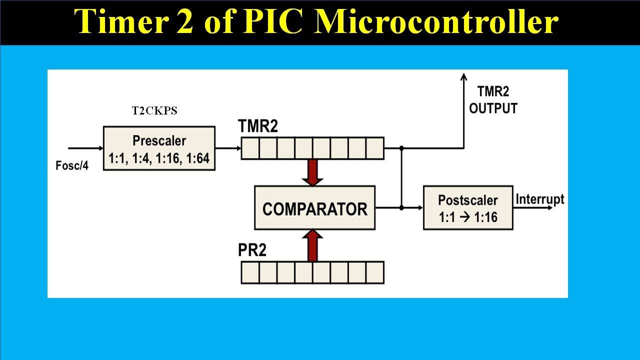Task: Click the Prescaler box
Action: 159,148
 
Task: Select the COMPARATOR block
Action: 314,208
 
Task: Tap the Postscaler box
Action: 468,208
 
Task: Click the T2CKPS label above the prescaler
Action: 154,111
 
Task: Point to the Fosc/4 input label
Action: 72,165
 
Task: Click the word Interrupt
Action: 539,199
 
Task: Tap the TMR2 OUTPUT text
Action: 492,100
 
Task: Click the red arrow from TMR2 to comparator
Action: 312,172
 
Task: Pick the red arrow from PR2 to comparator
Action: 312,245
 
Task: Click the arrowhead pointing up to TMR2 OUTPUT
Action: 463,77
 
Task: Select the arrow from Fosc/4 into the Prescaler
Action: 85,148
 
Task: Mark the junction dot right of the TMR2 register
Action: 402,148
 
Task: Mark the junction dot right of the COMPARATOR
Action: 402,207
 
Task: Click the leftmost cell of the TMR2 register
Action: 250,148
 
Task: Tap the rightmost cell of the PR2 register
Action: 374,272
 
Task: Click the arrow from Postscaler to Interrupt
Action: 533,207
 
